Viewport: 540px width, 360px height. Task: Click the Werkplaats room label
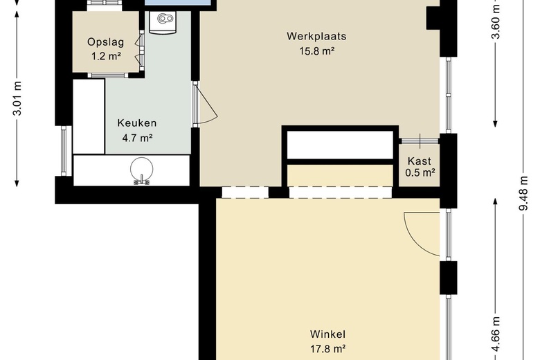(316, 37)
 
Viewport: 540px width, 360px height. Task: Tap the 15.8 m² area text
(317, 51)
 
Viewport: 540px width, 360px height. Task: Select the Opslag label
(105, 42)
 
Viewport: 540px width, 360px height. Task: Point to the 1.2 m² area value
(106, 56)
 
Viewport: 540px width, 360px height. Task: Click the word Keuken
(137, 123)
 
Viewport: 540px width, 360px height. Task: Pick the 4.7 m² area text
(137, 138)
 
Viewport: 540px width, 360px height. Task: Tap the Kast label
(419, 161)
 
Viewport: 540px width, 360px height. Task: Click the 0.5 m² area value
(420, 172)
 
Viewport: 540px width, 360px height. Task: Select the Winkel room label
(327, 334)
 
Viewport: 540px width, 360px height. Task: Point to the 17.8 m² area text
(328, 349)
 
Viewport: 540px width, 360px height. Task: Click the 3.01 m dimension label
(17, 98)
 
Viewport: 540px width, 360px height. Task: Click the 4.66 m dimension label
(495, 334)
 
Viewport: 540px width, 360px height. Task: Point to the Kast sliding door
(420, 141)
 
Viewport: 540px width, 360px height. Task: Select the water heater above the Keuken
(163, 21)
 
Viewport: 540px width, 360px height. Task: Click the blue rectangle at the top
(178, 2)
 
